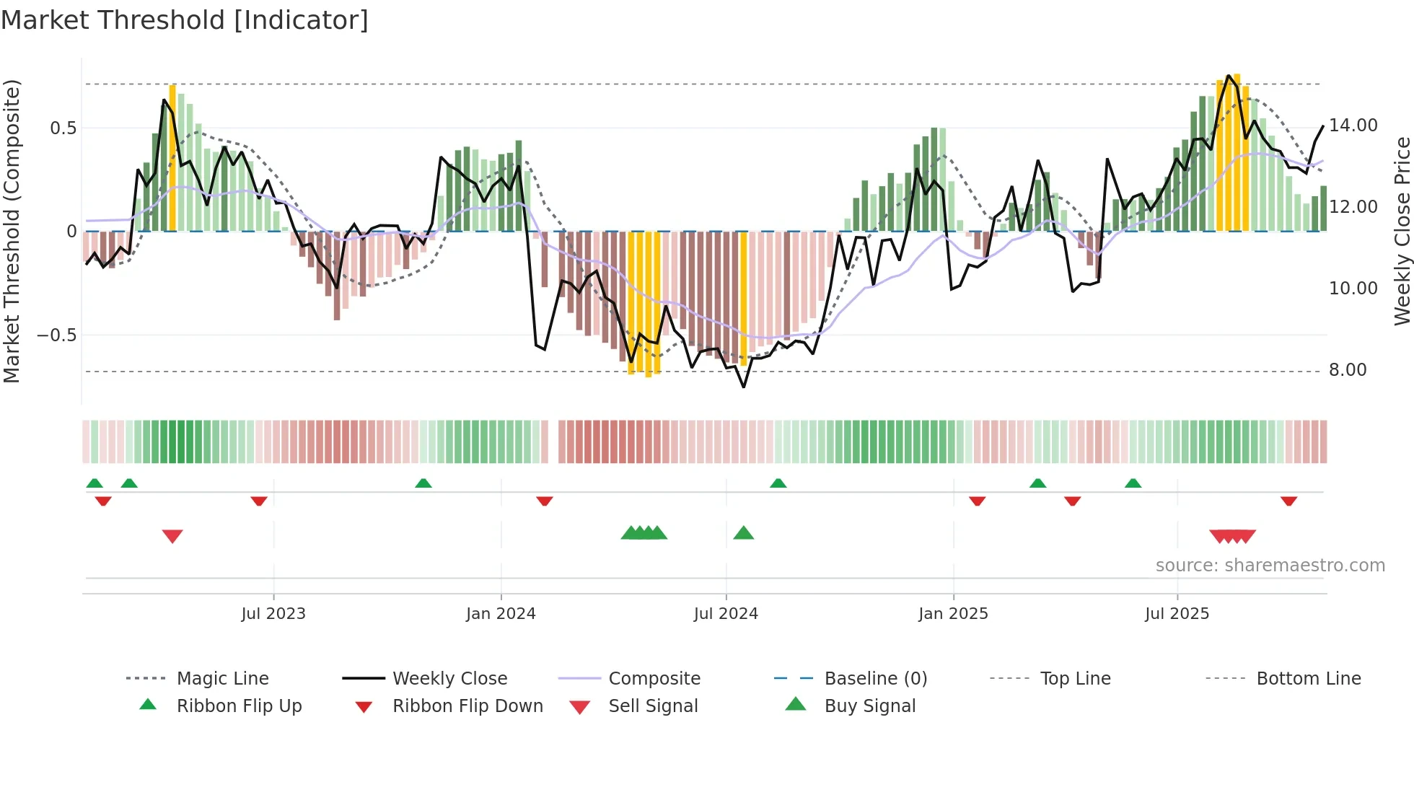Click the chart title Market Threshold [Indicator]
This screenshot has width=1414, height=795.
click(x=185, y=20)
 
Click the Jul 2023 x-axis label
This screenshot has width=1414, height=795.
click(x=273, y=614)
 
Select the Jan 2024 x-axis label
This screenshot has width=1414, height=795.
click(x=501, y=614)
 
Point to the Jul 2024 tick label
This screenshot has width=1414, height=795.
click(x=726, y=614)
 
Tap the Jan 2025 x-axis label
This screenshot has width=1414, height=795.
click(x=953, y=614)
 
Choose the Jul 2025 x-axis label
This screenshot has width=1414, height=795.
click(x=1177, y=614)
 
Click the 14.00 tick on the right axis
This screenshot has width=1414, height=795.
click(x=1353, y=126)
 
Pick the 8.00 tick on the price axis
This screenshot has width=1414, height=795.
click(x=1348, y=370)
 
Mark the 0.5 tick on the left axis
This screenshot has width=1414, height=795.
click(x=63, y=128)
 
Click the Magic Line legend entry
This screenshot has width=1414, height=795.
click(x=222, y=679)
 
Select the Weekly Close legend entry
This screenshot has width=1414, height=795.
click(x=449, y=679)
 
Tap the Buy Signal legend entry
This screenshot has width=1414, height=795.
click(x=869, y=706)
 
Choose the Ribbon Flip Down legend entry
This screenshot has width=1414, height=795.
click(x=467, y=706)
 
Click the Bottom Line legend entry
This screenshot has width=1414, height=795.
click(x=1308, y=679)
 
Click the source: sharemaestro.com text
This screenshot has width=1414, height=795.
click(x=1270, y=566)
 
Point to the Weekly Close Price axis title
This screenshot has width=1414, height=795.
click(x=1401, y=231)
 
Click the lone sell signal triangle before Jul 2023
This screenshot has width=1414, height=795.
click(x=172, y=536)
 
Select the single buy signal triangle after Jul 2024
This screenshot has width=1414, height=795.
click(x=743, y=533)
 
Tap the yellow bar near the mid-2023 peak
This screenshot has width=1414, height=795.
click(x=172, y=159)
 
